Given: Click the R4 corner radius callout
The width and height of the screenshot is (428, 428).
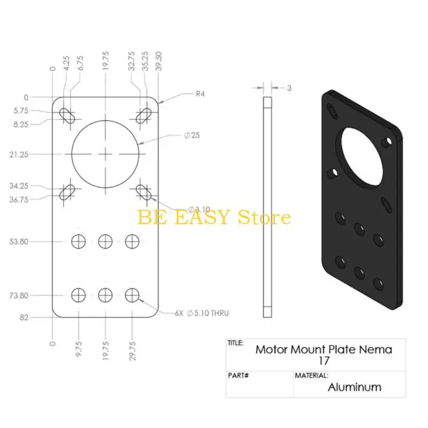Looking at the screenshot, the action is pos(200,94).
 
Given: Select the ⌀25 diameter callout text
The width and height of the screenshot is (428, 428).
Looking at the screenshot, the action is pos(192,135).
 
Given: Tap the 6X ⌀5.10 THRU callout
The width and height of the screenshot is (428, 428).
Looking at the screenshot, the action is pos(202,313).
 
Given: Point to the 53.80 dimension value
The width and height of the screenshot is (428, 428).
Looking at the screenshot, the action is pos(19,242).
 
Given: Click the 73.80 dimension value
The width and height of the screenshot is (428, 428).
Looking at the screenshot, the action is pos(19,295).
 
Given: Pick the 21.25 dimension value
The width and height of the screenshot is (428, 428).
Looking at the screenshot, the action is pos(19,155).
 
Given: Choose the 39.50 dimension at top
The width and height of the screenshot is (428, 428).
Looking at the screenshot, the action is pos(159,61).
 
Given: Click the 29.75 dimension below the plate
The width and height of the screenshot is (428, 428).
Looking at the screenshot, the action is pos(132,351).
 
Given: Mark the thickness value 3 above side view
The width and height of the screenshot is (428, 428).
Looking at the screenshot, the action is pos(289,88).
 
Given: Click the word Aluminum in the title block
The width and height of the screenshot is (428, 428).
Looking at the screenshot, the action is pos(354,387).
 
